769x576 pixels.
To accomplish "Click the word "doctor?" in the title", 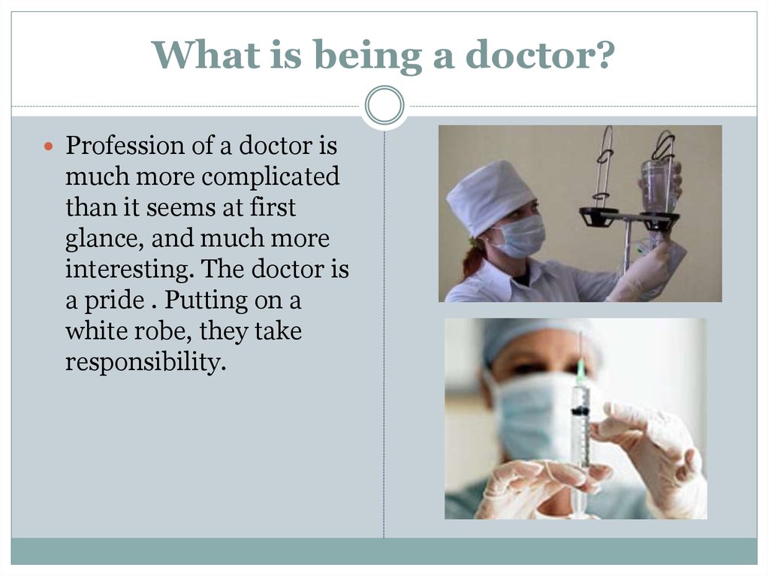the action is tap(540, 55).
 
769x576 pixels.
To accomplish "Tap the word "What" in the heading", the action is tap(206, 55).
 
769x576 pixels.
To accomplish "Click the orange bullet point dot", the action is tap(48, 146).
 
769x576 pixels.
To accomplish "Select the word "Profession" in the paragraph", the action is tap(125, 146).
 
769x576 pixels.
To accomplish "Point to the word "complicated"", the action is tap(270, 177).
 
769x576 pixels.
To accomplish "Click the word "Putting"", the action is tap(206, 300).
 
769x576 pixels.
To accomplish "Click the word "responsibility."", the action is tap(146, 363).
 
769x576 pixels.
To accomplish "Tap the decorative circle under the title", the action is tap(384, 105).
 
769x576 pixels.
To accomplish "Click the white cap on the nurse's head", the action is tap(490, 195).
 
